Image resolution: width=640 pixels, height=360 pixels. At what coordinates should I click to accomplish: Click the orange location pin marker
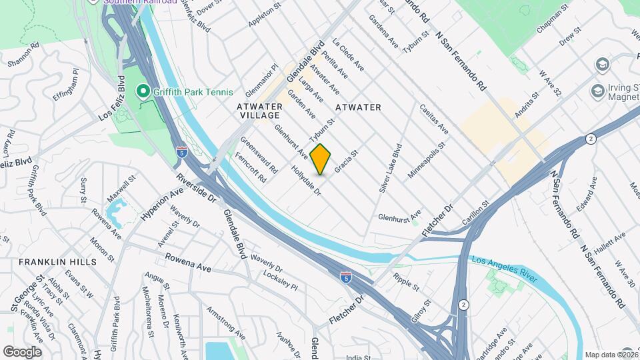coord(321,159)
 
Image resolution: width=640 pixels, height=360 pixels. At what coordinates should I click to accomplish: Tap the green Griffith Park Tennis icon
coord(142,91)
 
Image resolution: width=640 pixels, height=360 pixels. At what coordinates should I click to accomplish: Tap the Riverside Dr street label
coord(197,189)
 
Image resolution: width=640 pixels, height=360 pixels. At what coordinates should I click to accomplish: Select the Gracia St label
coord(347,161)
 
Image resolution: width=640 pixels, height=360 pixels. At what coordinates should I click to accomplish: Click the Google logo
coord(22,351)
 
